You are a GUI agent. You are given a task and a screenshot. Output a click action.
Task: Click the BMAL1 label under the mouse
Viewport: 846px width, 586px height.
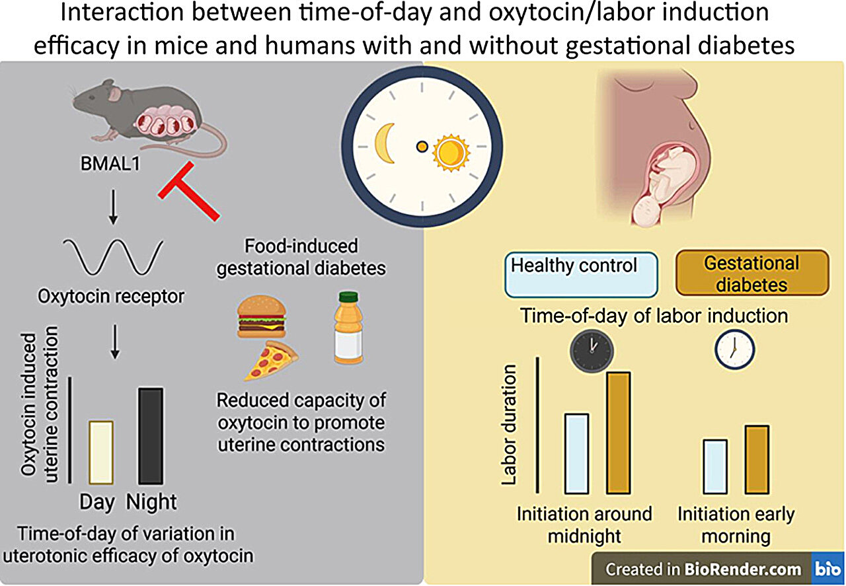tap(112, 163)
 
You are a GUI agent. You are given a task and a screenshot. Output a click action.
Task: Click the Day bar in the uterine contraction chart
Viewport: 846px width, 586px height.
tap(101, 453)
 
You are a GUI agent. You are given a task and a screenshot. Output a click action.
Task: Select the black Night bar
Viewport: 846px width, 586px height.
tap(150, 436)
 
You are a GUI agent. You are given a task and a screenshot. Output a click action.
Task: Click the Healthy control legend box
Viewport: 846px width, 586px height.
tap(581, 274)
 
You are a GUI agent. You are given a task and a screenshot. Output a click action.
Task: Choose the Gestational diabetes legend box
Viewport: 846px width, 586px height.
tap(751, 272)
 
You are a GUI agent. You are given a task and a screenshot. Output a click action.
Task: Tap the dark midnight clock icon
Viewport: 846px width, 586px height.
tap(592, 350)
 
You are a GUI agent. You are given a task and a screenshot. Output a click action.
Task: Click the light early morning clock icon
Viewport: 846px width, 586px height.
tap(734, 350)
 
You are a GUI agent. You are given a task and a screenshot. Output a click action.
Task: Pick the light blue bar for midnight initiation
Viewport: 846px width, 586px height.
tap(577, 453)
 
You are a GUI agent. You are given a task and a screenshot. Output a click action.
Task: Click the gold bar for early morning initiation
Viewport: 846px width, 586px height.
tap(757, 459)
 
